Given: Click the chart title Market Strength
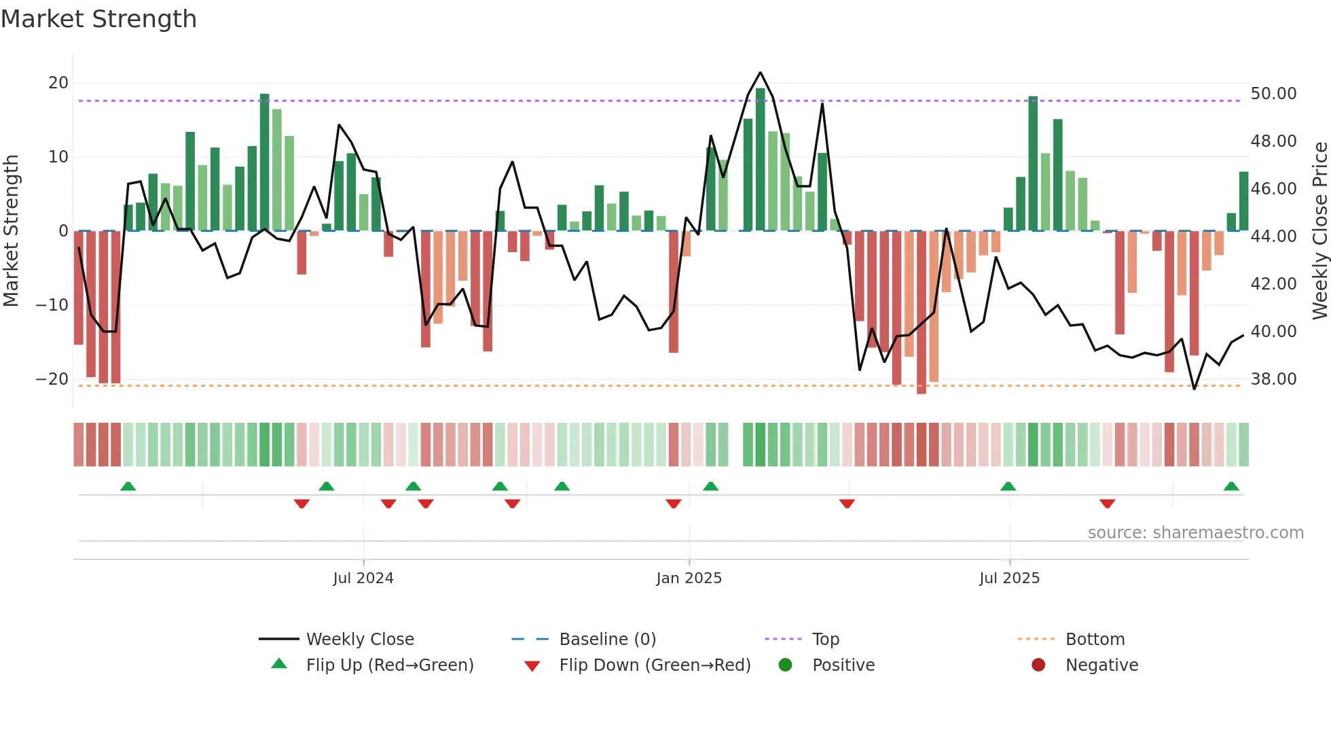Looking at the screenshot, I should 98,19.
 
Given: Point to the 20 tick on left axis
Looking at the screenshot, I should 58,83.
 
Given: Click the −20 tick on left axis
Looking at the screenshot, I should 52,379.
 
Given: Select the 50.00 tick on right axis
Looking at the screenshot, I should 1273,94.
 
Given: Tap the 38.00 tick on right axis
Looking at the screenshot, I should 1273,379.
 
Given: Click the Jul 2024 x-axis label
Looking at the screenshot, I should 363,578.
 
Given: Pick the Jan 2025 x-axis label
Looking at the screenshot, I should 689,578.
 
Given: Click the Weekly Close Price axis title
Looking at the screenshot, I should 1319,231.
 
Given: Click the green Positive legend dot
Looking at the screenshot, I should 785,665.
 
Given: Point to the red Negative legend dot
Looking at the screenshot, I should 1038,665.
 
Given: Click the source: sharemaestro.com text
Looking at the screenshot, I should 1195,533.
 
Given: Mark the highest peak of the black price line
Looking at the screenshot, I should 760,73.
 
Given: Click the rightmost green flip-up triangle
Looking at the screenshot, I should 1231,487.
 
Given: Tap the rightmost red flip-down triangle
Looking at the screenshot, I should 1107,504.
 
